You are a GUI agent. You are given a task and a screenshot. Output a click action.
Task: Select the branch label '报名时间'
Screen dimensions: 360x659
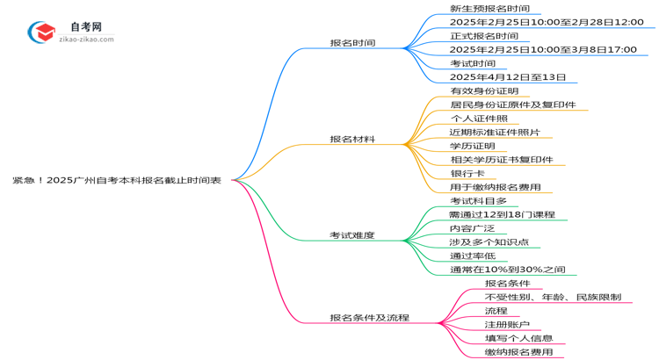point(352,42)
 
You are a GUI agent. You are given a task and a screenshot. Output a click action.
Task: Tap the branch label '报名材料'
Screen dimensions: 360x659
point(352,139)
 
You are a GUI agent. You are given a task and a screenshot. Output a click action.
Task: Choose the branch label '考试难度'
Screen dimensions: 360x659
point(352,235)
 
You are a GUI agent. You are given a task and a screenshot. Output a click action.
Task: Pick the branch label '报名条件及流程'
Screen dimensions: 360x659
point(369,318)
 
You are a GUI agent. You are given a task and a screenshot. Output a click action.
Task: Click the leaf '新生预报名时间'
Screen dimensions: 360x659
point(489,9)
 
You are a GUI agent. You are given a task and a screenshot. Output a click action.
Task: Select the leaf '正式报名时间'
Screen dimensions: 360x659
point(483,36)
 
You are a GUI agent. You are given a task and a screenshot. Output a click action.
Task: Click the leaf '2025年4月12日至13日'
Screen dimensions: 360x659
point(508,77)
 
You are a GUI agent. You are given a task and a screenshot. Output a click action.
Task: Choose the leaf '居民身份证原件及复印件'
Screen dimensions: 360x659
point(513,104)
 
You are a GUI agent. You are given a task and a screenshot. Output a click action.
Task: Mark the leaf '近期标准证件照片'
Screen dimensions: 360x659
point(495,132)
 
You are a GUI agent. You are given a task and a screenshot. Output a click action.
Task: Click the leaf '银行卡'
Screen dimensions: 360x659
point(467,173)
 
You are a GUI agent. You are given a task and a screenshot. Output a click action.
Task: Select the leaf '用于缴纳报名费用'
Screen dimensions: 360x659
point(495,187)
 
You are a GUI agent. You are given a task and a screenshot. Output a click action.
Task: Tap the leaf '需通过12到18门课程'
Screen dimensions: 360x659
point(502,214)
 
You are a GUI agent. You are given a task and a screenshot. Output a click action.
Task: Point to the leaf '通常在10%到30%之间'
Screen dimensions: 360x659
point(507,269)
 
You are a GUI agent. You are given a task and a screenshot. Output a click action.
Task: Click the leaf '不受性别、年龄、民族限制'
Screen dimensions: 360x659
point(553,297)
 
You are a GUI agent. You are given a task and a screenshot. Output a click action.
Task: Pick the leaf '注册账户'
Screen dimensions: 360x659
point(507,324)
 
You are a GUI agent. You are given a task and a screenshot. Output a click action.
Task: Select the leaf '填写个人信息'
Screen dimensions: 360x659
point(518,338)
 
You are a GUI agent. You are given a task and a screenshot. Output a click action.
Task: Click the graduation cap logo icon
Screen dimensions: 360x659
point(40,32)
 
